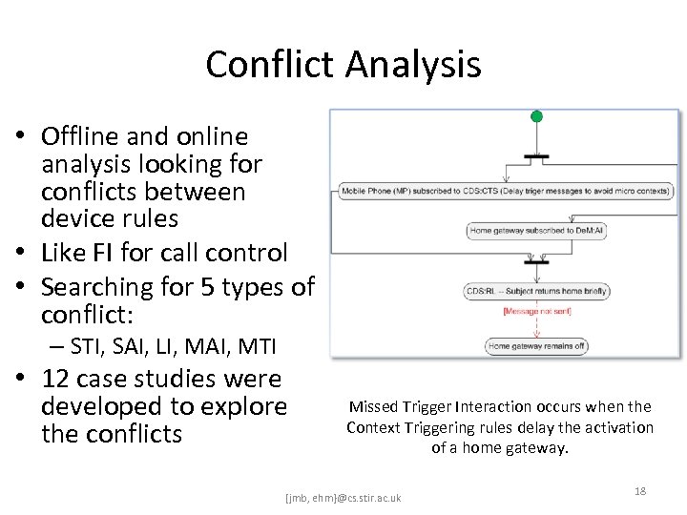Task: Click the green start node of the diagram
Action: click(536, 116)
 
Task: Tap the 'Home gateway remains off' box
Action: click(535, 345)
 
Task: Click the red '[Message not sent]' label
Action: click(537, 311)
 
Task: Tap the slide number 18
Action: click(640, 490)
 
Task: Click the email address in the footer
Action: click(343, 498)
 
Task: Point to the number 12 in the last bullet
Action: click(57, 380)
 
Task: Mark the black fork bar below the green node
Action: click(536, 154)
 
